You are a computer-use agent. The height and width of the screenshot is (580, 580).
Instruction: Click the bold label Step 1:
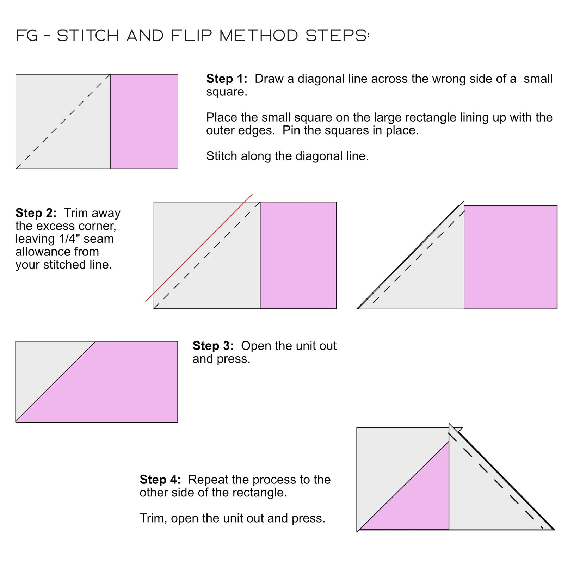click(226, 79)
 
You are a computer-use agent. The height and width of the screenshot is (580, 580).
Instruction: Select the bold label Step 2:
click(36, 213)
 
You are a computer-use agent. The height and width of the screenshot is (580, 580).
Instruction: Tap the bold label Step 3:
click(213, 346)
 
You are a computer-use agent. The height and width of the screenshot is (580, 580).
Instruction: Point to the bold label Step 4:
click(160, 479)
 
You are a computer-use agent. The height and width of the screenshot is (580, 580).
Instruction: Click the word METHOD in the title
click(259, 36)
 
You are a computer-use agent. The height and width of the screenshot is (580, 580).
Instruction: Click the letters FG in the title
click(27, 36)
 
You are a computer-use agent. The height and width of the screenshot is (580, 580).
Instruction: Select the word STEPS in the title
click(336, 36)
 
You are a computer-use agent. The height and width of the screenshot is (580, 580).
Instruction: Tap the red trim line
click(199, 247)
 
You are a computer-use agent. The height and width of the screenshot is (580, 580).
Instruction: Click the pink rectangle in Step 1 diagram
click(144, 122)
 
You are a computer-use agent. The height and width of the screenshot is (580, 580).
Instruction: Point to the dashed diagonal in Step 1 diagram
click(63, 122)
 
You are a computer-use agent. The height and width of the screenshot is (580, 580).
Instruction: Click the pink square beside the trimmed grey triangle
click(510, 257)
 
